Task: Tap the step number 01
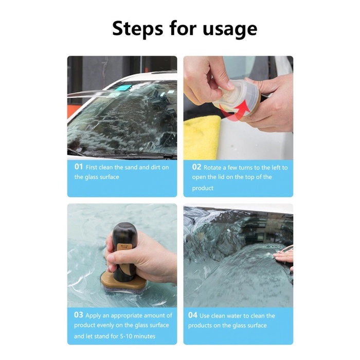coord(79,167)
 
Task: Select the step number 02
coord(196,167)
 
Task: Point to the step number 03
coord(78,315)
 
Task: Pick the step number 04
coord(193,315)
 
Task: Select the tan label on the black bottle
coord(124,247)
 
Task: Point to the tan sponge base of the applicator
coord(123,283)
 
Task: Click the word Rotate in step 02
coord(212,168)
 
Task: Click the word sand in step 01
coord(132,167)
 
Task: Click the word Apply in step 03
coord(93,316)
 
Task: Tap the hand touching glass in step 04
coord(284,257)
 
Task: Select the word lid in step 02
coord(220,177)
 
